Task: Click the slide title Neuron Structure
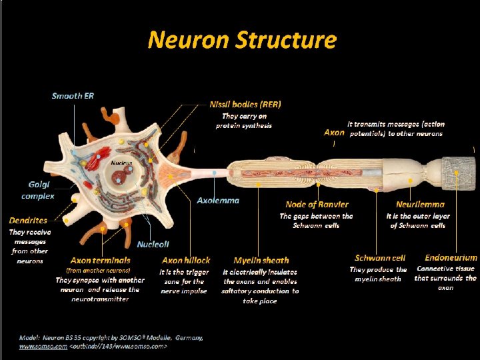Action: click(242, 40)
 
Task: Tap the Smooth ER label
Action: click(73, 96)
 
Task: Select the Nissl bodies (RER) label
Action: click(245, 104)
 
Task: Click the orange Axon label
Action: click(334, 132)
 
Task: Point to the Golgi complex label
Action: click(37, 190)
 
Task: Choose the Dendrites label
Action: click(28, 220)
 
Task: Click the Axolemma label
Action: click(218, 200)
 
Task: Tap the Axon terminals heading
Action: click(100, 260)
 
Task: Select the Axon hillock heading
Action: click(185, 260)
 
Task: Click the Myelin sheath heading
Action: click(261, 260)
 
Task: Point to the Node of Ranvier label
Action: click(317, 205)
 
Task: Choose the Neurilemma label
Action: click(420, 205)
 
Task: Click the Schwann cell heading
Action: click(380, 257)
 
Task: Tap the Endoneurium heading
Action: click(451, 257)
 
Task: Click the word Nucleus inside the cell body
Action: click(121, 163)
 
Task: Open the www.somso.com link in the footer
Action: click(43, 347)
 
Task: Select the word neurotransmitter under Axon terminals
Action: click(100, 299)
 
